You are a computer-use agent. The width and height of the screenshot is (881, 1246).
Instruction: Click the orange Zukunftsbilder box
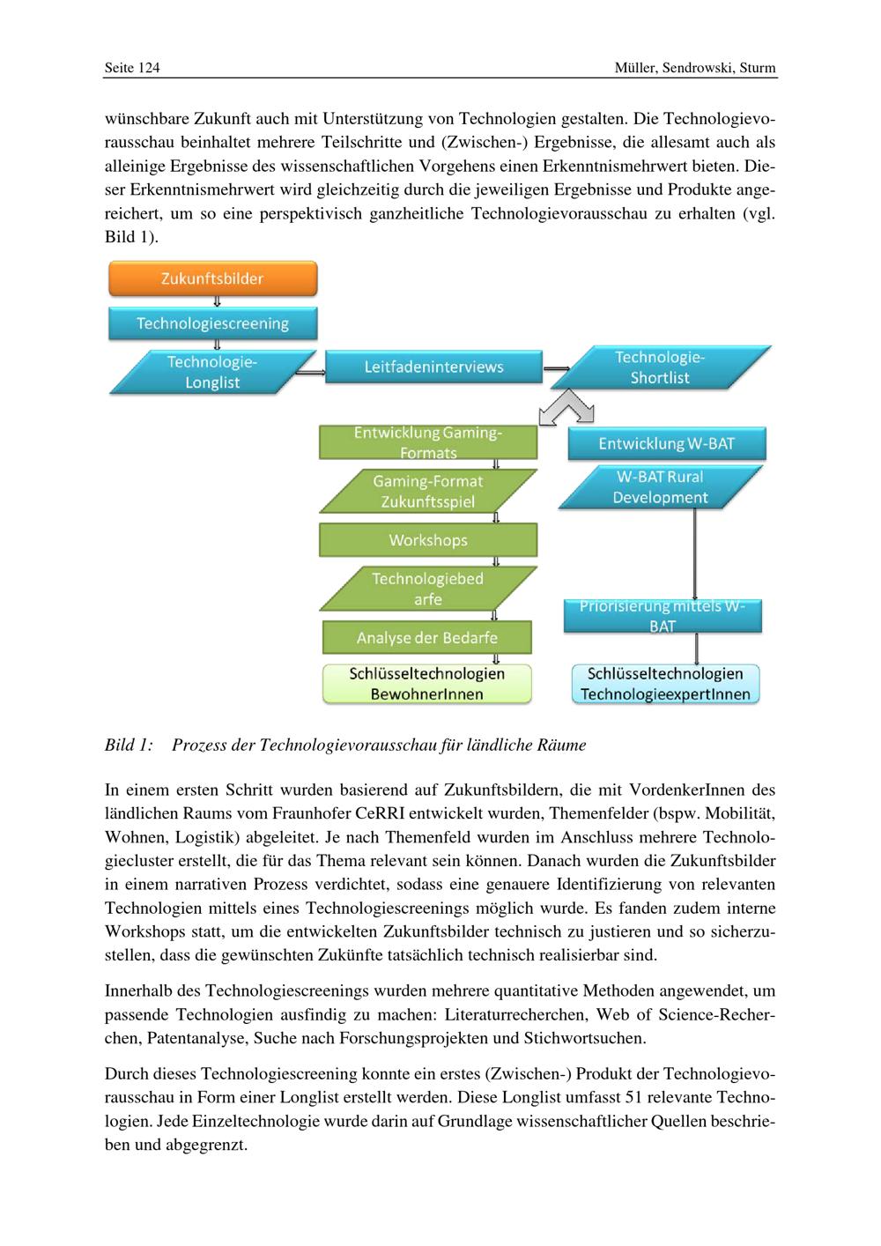click(212, 278)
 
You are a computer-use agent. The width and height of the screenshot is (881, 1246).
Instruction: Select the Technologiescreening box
click(212, 323)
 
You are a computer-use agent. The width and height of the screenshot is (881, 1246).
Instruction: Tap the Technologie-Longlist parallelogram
click(212, 372)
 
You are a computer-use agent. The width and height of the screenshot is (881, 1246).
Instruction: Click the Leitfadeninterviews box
click(433, 367)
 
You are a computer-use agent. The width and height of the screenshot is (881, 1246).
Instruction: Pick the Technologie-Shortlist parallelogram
click(660, 367)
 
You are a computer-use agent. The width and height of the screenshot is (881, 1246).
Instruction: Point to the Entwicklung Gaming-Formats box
click(427, 442)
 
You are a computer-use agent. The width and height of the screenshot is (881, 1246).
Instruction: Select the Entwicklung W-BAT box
click(666, 443)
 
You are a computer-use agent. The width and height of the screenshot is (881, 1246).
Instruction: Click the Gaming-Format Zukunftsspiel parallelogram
click(427, 492)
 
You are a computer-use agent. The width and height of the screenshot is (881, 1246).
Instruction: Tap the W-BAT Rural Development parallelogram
click(660, 487)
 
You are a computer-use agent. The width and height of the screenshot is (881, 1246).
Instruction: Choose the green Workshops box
click(427, 540)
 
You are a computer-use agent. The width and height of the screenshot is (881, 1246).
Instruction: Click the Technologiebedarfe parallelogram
click(427, 589)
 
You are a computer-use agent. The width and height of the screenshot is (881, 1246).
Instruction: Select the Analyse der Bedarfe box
click(427, 637)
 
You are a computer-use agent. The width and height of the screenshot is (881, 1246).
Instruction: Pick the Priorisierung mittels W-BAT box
click(662, 616)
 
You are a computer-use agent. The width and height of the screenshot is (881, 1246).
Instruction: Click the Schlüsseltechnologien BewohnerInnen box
click(427, 684)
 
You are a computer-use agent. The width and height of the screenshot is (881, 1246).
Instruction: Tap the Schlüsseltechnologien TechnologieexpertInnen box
click(665, 684)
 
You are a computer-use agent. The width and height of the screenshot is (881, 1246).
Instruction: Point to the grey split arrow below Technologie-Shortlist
click(567, 407)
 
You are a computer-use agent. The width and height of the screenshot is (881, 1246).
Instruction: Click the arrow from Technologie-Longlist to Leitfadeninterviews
click(310, 372)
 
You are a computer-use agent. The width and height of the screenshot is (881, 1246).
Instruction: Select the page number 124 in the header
click(149, 68)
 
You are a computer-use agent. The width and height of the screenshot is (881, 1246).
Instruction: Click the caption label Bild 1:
click(129, 745)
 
